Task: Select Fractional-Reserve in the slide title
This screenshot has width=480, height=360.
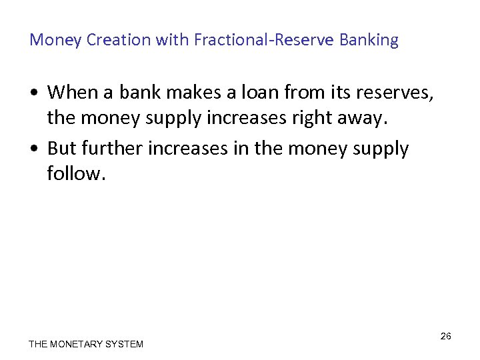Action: click(x=265, y=40)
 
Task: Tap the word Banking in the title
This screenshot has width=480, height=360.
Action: click(x=369, y=40)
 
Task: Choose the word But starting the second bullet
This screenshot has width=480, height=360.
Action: click(x=62, y=148)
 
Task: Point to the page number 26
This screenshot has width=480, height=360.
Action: click(x=446, y=336)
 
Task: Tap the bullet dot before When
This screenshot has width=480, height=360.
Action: click(x=34, y=92)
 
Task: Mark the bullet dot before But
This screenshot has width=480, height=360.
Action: click(x=34, y=149)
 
